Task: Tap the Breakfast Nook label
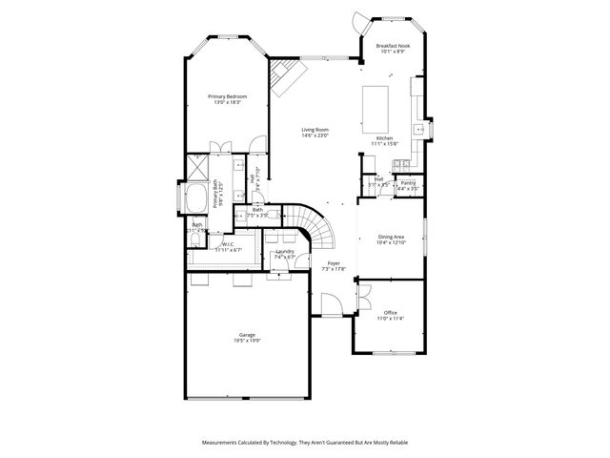pyautogui.click(x=394, y=46)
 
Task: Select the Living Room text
pyautogui.click(x=315, y=130)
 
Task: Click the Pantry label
pyautogui.click(x=407, y=182)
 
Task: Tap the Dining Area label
pyautogui.click(x=391, y=237)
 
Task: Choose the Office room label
pyautogui.click(x=390, y=312)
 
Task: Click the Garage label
pyautogui.click(x=247, y=335)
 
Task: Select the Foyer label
pyautogui.click(x=333, y=262)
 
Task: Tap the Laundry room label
pyautogui.click(x=285, y=251)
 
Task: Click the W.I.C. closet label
pyautogui.click(x=229, y=243)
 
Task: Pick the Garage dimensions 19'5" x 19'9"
pyautogui.click(x=247, y=341)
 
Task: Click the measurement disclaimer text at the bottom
pyautogui.click(x=305, y=443)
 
